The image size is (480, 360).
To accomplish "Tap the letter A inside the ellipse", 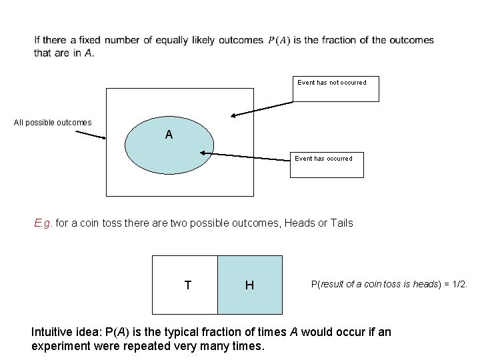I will pos(169,135).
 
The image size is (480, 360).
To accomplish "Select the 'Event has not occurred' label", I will pos(332,83).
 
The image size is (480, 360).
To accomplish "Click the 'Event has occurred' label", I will pos(325,158).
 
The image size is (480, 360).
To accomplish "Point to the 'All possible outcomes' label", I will pos(53,123).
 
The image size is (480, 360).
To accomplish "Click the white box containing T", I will pos(185,285).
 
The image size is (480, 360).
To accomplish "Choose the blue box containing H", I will pos(249,285).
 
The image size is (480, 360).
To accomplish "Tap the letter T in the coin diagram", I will pos(188,285).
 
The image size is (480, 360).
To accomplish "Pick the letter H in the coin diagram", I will pos(249,285).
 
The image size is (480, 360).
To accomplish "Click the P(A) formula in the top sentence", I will pos(279,41).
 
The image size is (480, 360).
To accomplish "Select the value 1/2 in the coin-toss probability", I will pos(460,284).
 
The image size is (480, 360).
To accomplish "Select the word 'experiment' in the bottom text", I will pos(59,347).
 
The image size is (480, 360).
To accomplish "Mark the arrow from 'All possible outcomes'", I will pos(90,134).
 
